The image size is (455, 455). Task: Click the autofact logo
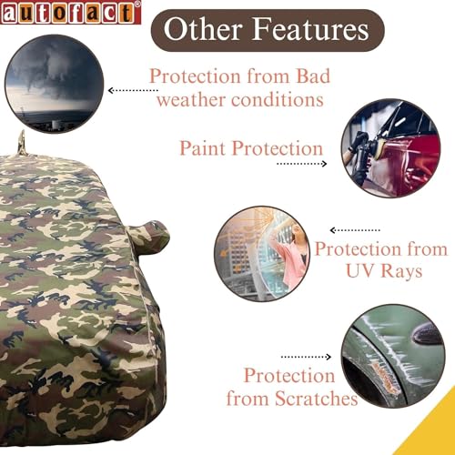tap(70, 12)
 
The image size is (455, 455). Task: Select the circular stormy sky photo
tap(52, 90)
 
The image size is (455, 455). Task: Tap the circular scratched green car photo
tap(394, 356)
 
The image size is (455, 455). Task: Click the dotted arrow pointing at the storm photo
tap(134, 91)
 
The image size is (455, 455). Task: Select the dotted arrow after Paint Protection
tap(301, 164)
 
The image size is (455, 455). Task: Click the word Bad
tap(306, 76)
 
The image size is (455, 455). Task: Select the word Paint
tap(205, 147)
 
